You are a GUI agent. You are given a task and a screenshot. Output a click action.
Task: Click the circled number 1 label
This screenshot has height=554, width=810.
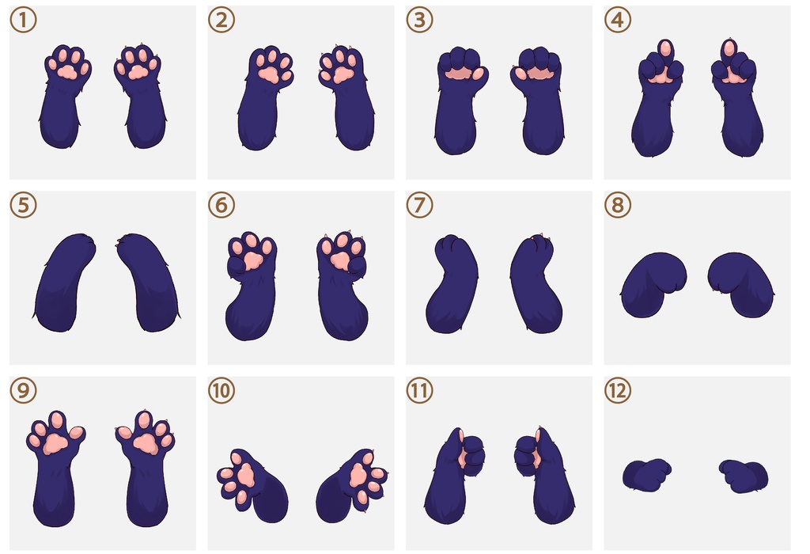click(23, 20)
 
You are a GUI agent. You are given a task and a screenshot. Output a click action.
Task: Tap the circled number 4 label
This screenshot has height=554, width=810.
click(618, 20)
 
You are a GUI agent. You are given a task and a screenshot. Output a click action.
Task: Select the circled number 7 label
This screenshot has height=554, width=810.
click(419, 205)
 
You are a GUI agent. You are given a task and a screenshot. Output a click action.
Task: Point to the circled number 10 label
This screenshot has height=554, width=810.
click(221, 390)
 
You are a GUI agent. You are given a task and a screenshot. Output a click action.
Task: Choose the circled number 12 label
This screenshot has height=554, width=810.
click(618, 390)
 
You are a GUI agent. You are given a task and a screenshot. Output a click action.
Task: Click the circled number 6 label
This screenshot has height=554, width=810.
click(221, 205)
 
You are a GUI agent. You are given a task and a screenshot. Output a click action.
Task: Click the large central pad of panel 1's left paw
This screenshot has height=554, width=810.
click(67, 71)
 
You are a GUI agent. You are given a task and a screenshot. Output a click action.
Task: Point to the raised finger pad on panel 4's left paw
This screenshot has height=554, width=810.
click(666, 49)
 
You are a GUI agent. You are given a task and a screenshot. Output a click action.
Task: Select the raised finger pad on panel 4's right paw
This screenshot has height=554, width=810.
click(729, 48)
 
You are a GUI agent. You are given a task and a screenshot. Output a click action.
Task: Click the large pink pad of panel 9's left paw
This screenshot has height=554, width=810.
click(55, 444)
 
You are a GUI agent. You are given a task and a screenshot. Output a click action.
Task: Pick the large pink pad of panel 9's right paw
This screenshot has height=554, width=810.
click(146, 443)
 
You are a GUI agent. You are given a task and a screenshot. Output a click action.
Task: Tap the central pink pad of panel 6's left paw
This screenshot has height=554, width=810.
click(252, 260)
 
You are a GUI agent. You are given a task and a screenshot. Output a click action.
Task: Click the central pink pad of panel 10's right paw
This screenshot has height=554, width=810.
click(357, 475)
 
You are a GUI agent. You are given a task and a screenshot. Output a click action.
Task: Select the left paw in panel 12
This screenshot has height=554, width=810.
click(645, 474)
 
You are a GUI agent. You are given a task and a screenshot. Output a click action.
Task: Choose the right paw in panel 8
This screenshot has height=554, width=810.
click(741, 283)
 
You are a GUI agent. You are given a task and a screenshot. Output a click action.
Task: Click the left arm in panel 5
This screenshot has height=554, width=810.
click(63, 282)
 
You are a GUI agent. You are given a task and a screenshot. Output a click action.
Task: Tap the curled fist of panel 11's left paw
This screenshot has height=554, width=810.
click(471, 455)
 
